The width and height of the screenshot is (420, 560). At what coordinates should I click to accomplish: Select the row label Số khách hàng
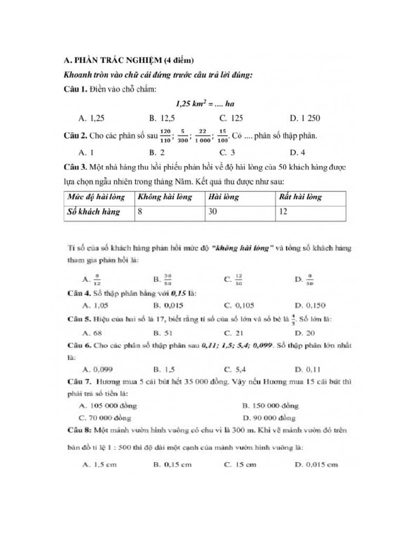pyautogui.click(x=94, y=211)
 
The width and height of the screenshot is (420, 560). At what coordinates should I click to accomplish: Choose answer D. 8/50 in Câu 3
pyautogui.click(x=305, y=279)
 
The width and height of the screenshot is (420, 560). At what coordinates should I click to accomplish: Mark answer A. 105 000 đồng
pyautogui.click(x=108, y=406)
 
